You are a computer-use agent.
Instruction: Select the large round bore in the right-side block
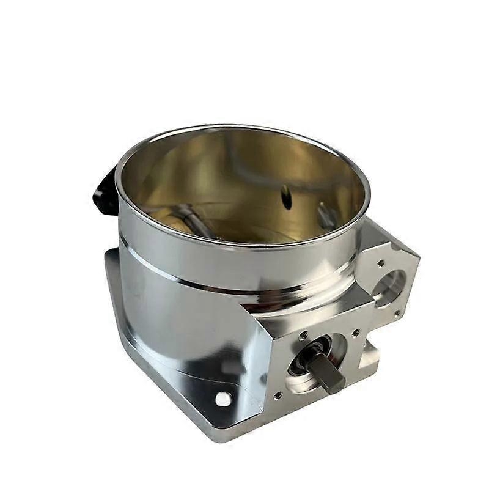pyautogui.click(x=389, y=286)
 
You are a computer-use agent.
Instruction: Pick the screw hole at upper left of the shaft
pyautogui.click(x=303, y=335)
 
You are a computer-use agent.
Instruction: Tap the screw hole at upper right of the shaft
pyautogui.click(x=356, y=334)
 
